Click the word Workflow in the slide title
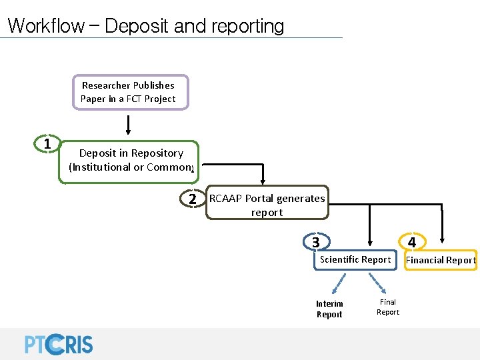point(45,26)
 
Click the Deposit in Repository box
point(131,160)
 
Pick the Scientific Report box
point(355,260)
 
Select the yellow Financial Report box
point(441,260)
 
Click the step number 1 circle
point(47,144)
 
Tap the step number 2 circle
point(192,199)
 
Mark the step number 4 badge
point(412,242)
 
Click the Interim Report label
point(329,309)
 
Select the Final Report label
point(388,307)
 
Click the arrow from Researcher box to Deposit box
point(128,124)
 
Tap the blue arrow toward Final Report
point(382,283)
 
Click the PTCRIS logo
point(59,343)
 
